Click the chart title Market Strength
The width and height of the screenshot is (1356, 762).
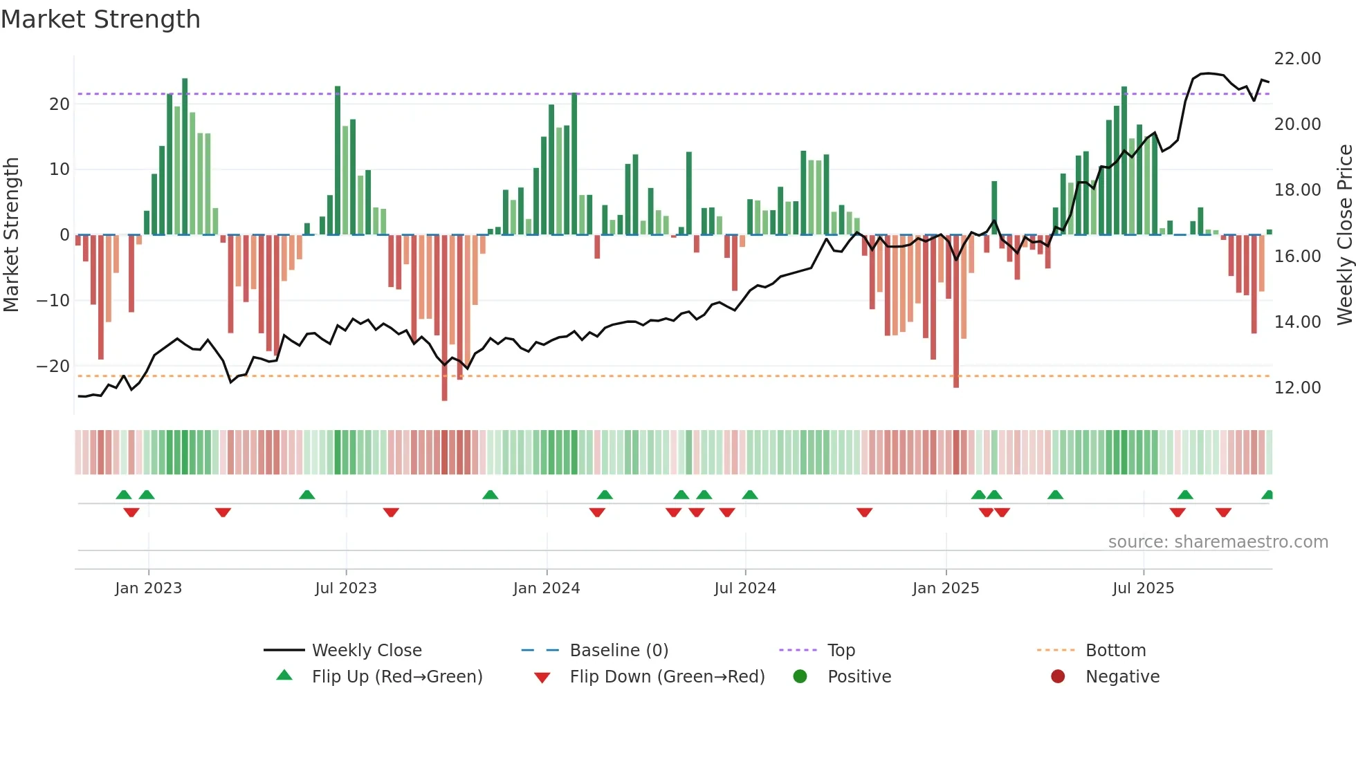click(x=100, y=19)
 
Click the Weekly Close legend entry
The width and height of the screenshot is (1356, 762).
click(x=366, y=651)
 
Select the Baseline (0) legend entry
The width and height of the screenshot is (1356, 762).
click(x=619, y=651)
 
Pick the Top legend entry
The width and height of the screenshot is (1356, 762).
click(x=841, y=651)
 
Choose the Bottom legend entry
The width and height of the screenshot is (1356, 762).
click(x=1115, y=651)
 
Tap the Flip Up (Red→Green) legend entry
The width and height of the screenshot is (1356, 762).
click(x=396, y=677)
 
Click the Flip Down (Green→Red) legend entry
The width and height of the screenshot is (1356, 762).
click(x=667, y=677)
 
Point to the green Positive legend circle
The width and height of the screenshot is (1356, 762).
click(x=800, y=676)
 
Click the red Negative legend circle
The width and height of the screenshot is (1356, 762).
click(x=1058, y=676)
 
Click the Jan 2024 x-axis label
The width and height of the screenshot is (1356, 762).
click(x=547, y=588)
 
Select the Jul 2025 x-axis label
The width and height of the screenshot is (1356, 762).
click(x=1143, y=588)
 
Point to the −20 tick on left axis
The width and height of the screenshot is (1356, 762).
click(x=54, y=366)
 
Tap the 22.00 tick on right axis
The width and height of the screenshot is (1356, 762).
click(x=1297, y=59)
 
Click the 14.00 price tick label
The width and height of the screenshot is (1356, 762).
click(x=1297, y=322)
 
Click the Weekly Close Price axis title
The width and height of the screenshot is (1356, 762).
click(x=1344, y=235)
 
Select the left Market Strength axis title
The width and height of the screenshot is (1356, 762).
click(x=11, y=235)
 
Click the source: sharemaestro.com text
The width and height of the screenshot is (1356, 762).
click(x=1218, y=542)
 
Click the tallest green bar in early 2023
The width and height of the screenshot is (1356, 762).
click(x=185, y=156)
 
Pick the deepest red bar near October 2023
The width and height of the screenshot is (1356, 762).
click(x=444, y=318)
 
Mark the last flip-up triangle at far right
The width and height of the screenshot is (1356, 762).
click(x=1267, y=495)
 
